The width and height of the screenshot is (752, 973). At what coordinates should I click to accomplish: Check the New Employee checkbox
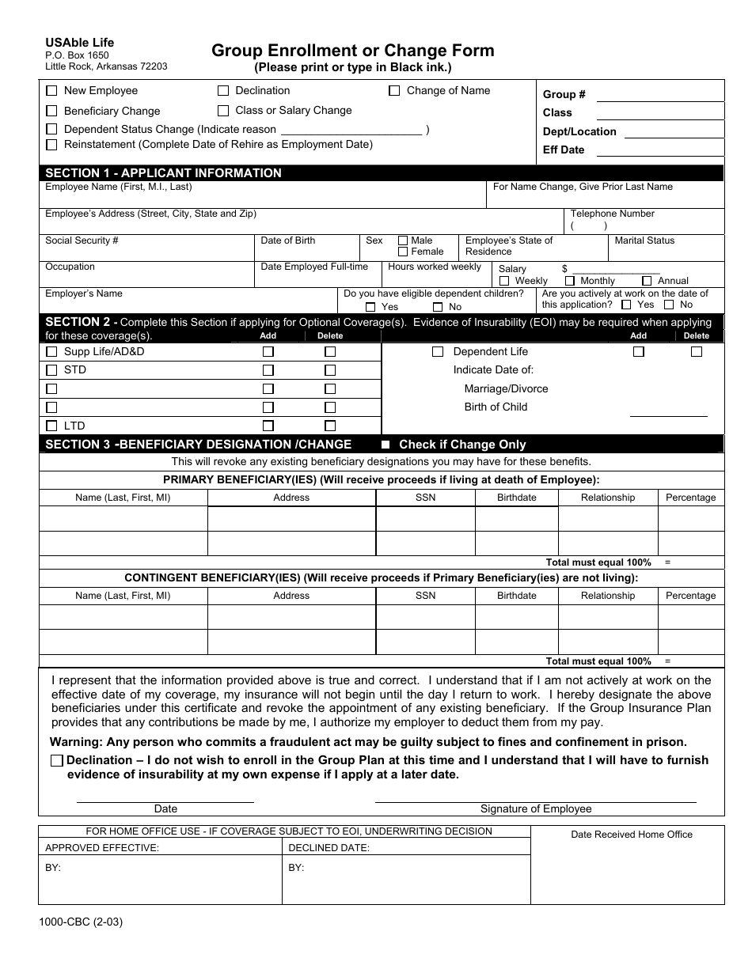tap(52, 91)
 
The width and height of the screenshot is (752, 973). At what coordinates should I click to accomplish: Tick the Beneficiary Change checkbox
tap(52, 112)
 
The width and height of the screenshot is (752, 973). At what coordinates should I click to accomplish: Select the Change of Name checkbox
tap(394, 91)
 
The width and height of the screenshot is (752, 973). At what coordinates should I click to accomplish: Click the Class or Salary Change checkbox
tap(223, 111)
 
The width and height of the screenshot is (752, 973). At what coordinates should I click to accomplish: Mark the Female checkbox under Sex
tap(403, 252)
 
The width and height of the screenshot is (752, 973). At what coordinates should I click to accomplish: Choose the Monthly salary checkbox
tap(570, 281)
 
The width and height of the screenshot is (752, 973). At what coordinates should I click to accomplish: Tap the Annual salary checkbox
tap(647, 281)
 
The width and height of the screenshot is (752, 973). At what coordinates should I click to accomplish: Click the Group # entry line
tap(659, 96)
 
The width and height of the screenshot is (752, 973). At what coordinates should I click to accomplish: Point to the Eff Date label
tap(563, 150)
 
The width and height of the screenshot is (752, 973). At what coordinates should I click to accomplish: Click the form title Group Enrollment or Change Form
tap(352, 51)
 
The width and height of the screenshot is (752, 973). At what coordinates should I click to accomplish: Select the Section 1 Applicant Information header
tap(163, 173)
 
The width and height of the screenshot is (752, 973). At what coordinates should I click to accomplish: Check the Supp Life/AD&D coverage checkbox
tap(52, 352)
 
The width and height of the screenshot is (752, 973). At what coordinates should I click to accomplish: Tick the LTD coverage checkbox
tap(52, 426)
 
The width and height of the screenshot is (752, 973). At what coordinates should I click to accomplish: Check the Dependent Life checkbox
tap(438, 352)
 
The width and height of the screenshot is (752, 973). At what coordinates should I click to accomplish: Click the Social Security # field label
tap(82, 240)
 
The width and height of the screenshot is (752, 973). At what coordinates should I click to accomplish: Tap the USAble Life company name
tap(79, 43)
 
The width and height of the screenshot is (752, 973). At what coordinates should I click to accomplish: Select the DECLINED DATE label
tap(329, 847)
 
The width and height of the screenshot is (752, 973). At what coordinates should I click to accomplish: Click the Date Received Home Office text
tap(631, 835)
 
